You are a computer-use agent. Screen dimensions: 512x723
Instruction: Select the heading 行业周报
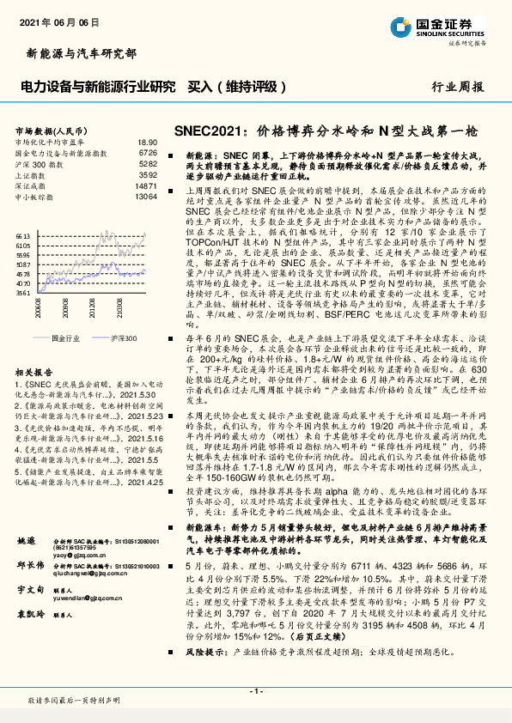pyautogui.click(x=457, y=87)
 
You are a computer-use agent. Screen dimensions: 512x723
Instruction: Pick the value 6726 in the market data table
pyautogui.click(x=147, y=153)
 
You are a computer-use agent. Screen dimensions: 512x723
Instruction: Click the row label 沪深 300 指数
pyautogui.click(x=40, y=163)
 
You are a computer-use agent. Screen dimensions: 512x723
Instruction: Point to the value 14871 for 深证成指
pyautogui.click(x=146, y=185)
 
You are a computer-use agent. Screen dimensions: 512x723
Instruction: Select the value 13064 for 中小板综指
pyautogui.click(x=146, y=197)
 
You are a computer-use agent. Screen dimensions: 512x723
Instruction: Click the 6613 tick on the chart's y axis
pyautogui.click(x=23, y=234)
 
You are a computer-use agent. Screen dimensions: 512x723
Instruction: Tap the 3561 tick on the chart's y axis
pyautogui.click(x=23, y=292)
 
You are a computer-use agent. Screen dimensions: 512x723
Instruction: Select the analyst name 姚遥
pyautogui.click(x=25, y=541)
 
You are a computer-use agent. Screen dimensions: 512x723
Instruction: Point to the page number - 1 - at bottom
pyautogui.click(x=255, y=690)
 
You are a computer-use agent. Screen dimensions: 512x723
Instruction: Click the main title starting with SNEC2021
pyautogui.click(x=324, y=131)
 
